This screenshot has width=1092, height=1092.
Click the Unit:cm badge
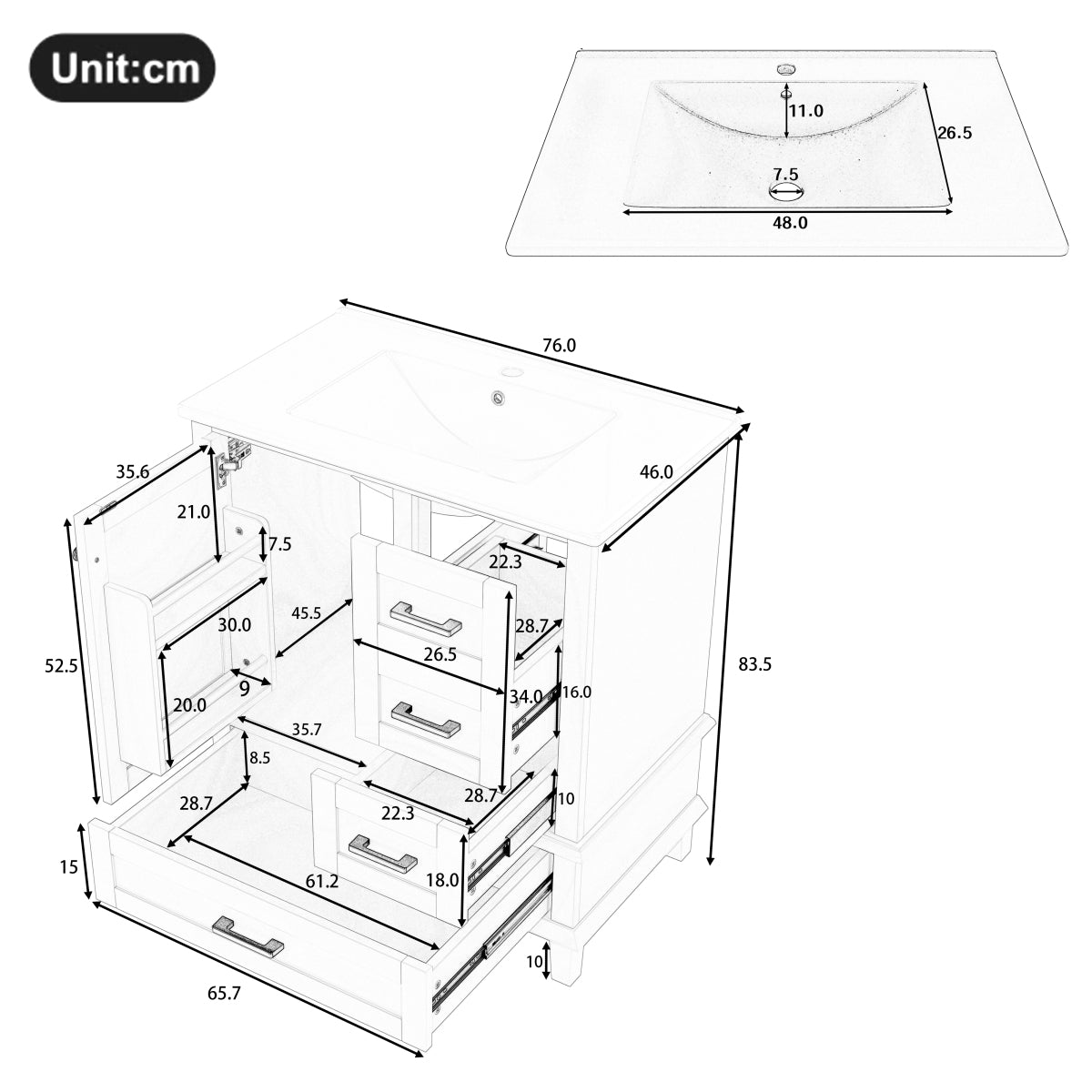click(123, 67)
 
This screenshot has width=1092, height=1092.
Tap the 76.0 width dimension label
click(559, 346)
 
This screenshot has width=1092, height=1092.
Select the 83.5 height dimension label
click(754, 664)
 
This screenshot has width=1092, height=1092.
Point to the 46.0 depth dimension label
click(656, 471)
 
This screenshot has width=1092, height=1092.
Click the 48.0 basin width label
click(789, 222)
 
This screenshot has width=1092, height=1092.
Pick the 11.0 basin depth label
click(805, 111)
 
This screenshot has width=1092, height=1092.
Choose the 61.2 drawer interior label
click(323, 881)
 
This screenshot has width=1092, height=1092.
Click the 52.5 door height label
click(61, 665)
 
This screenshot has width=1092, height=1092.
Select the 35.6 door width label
click(132, 471)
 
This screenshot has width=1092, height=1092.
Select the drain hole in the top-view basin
click(787, 190)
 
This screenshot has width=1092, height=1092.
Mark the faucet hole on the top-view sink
click(785, 69)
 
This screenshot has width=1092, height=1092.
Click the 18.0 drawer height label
click(442, 879)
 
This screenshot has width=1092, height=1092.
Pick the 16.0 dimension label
click(576, 693)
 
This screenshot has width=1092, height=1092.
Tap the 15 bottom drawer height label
click(69, 867)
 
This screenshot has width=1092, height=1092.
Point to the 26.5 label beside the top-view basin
click(955, 133)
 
